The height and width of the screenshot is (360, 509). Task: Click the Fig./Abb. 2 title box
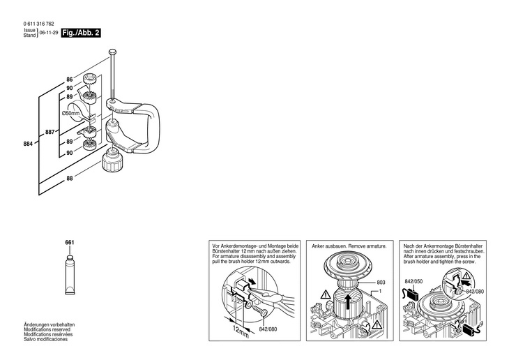pos(80,33)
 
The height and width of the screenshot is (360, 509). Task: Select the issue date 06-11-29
pos(48,33)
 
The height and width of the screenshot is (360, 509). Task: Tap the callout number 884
pos(29,144)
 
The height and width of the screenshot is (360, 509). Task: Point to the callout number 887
pos(50,132)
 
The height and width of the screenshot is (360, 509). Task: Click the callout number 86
pos(69,80)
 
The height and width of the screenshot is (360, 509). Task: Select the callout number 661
pos(69,242)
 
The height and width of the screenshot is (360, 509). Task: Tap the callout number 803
pos(381,282)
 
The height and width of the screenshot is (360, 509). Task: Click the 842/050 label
pos(413,283)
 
